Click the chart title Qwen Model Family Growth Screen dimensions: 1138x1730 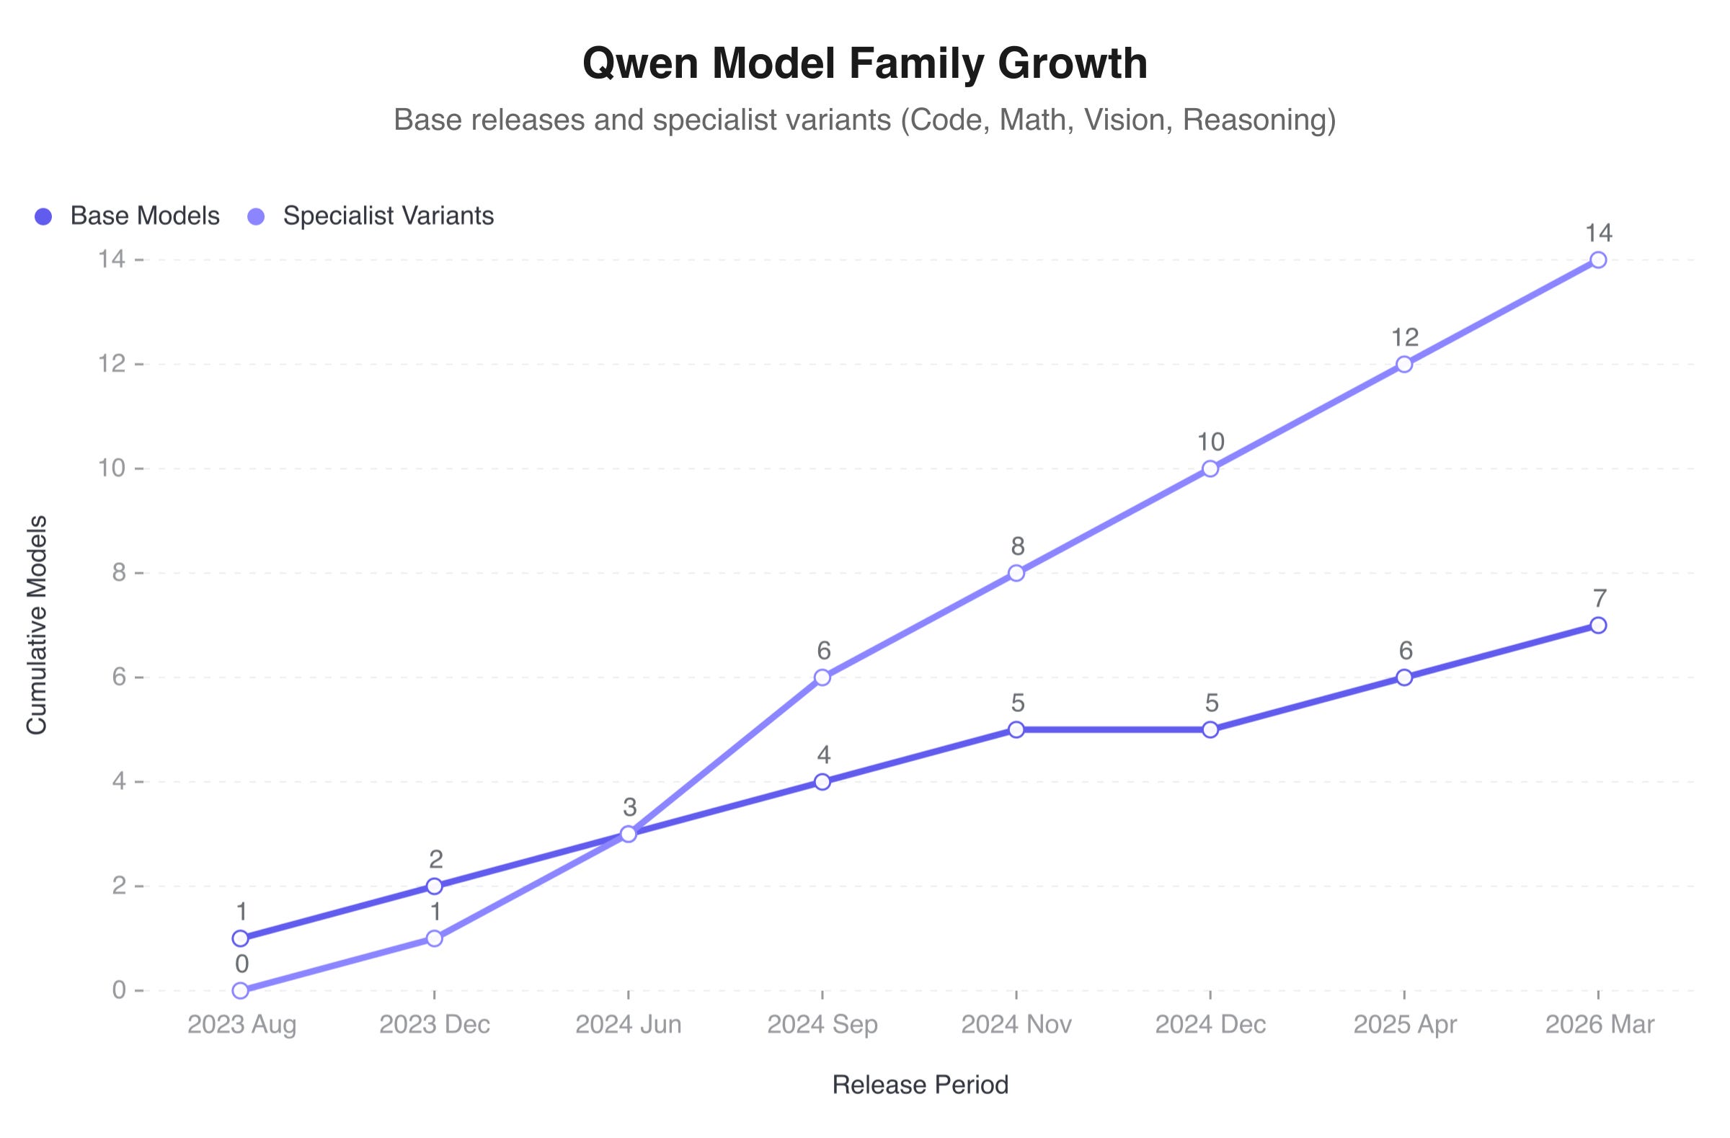[864, 63]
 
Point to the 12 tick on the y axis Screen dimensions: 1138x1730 [112, 364]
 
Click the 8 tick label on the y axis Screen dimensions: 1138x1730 [118, 573]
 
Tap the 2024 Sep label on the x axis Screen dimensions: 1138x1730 [822, 1025]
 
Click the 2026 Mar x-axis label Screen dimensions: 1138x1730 [1598, 1025]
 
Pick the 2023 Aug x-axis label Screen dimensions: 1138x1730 [241, 1025]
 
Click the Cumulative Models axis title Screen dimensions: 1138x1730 [36, 625]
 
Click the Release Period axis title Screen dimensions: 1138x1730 [920, 1085]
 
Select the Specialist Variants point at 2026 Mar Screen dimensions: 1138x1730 [1597, 260]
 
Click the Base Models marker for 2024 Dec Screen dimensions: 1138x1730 [1210, 729]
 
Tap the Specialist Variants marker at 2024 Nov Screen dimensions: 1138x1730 [1016, 574]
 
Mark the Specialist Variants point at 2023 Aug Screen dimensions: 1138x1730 [241, 990]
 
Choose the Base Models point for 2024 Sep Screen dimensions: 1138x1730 [822, 782]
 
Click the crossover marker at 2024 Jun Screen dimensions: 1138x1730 [628, 835]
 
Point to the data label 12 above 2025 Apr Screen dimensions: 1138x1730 [1404, 337]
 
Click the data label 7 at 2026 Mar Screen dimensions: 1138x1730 [1598, 598]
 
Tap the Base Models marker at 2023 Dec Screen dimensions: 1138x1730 [434, 886]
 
